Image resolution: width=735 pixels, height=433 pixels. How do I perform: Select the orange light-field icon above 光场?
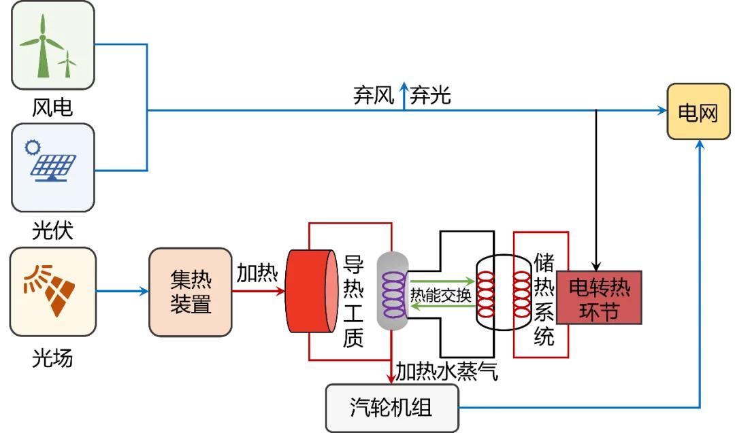click(x=52, y=291)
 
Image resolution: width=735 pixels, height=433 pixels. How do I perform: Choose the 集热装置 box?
click(x=191, y=292)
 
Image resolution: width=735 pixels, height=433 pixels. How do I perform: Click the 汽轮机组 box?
click(x=392, y=408)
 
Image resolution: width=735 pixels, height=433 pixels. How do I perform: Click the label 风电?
click(x=52, y=107)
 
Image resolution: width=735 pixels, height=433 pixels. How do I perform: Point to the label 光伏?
click(x=52, y=231)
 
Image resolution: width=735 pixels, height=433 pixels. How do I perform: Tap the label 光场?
click(x=52, y=357)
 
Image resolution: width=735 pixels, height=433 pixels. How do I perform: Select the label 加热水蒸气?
click(x=447, y=371)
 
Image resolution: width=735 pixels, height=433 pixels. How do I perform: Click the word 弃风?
click(x=374, y=96)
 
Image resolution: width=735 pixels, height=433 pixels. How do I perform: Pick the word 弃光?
click(x=430, y=96)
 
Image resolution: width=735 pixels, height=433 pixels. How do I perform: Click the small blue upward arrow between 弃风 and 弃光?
click(x=403, y=95)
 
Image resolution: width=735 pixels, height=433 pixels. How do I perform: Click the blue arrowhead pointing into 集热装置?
click(x=144, y=292)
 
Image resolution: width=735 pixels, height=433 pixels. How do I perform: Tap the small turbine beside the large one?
click(x=67, y=65)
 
